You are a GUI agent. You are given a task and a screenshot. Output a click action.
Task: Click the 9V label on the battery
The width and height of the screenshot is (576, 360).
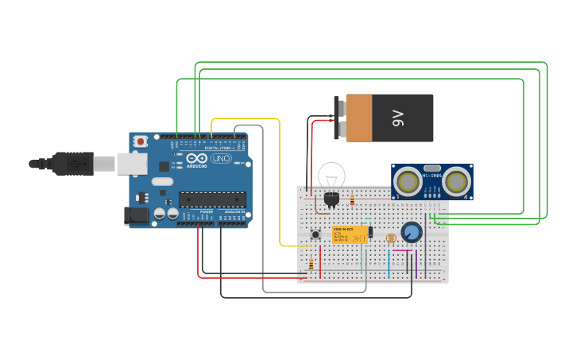pos(398,118)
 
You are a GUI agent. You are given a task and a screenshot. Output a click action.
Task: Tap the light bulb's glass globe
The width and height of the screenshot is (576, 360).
pos(331,175)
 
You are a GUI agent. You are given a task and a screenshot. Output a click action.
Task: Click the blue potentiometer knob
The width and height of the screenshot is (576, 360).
pos(411,232)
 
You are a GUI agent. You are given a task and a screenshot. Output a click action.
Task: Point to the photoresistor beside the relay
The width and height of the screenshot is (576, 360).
pos(389,238)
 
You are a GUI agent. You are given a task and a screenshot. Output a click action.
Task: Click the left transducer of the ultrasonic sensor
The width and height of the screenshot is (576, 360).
pos(407,182)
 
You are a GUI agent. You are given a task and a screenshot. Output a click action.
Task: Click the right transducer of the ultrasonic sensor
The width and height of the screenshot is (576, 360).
pos(456,182)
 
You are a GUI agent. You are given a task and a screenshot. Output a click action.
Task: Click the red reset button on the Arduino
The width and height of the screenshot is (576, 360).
pos(141,141)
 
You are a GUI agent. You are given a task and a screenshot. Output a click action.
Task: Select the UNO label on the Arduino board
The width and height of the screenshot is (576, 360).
pos(220,159)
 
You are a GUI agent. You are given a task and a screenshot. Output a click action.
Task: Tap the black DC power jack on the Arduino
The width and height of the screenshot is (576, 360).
pos(137,215)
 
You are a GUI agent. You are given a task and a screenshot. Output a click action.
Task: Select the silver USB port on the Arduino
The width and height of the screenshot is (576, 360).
pos(132,163)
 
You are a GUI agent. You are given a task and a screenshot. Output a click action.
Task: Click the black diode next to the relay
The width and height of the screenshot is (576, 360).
pos(370,231)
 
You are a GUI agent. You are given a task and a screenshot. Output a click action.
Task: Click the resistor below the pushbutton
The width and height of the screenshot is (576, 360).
pos(311,264)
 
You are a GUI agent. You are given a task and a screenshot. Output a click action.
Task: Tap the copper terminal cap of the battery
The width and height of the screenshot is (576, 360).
pos(358,118)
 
